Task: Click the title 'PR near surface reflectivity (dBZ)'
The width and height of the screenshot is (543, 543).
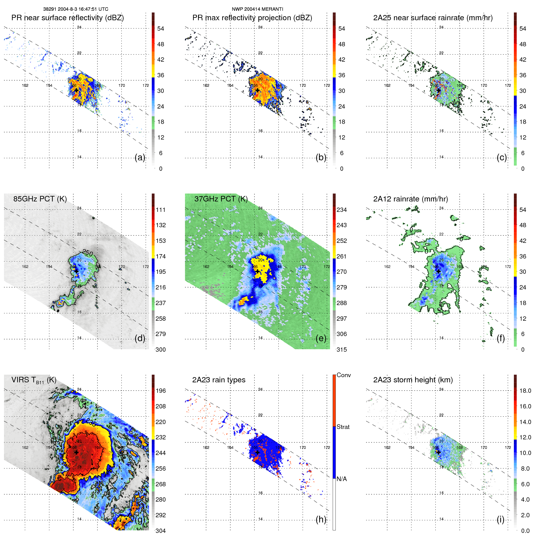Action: click(x=67, y=18)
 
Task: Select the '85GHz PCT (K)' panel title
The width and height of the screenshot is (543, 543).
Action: click(x=40, y=199)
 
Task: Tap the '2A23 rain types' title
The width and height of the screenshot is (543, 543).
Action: click(x=219, y=380)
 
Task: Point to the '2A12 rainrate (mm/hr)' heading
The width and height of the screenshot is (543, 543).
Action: click(x=410, y=199)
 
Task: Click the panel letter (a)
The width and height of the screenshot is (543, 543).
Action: click(x=140, y=157)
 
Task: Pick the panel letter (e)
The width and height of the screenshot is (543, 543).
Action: click(x=321, y=338)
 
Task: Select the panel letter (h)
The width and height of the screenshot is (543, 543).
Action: click(x=321, y=519)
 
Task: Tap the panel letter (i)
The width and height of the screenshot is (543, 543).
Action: click(x=500, y=519)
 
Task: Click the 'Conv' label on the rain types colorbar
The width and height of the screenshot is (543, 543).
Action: click(x=343, y=375)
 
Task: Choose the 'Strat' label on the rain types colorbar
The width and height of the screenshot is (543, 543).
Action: click(x=343, y=427)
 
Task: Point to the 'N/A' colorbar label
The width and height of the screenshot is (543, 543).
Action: click(x=342, y=479)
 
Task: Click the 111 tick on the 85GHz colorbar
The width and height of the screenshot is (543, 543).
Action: click(x=161, y=210)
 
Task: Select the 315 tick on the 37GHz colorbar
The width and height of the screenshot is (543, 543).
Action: click(x=342, y=350)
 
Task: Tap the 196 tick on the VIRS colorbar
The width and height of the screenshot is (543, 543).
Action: click(x=161, y=391)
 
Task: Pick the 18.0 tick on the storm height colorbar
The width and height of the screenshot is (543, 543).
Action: click(x=525, y=391)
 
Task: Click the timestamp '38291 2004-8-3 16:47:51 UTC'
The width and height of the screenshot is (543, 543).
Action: click(x=75, y=9)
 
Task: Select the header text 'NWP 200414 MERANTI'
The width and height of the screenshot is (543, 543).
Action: click(x=257, y=9)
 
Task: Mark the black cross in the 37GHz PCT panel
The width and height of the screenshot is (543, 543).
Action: click(x=258, y=271)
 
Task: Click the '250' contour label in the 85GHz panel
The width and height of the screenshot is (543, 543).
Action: click(x=87, y=253)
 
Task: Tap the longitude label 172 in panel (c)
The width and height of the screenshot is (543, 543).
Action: click(x=508, y=86)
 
